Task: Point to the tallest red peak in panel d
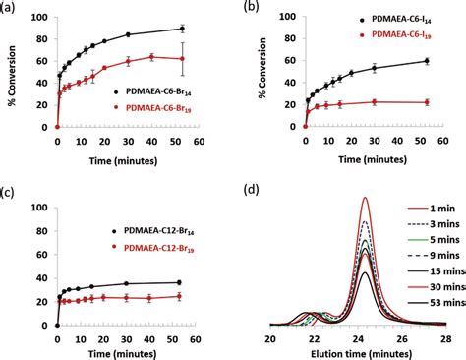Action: [x=366, y=198]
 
